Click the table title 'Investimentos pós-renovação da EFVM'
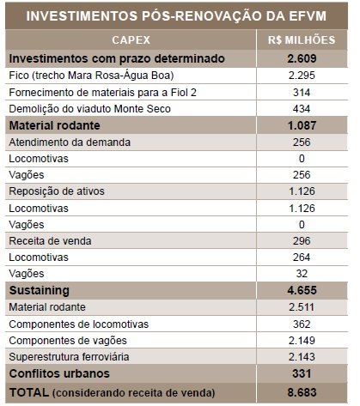coord(176,16)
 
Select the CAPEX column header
coord(131,40)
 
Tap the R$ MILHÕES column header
coord(302,40)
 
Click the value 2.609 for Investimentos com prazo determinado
coord(302,58)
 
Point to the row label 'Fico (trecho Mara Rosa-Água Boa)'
coord(91,76)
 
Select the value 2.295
coord(302,76)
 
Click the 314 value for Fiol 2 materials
coord(302,93)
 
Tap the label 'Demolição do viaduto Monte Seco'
coord(89,109)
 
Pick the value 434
coord(302,109)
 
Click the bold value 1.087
coord(302,125)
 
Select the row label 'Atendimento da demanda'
coord(70,142)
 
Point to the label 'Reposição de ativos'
coord(57,191)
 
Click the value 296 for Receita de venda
coord(302,241)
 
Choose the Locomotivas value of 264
coord(302,258)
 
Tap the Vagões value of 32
coord(302,274)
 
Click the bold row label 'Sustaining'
coord(40,291)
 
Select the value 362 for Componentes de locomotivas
coord(302,324)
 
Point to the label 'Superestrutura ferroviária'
coord(69,357)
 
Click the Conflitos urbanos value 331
coord(302,373)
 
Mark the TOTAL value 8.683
coord(302,392)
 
